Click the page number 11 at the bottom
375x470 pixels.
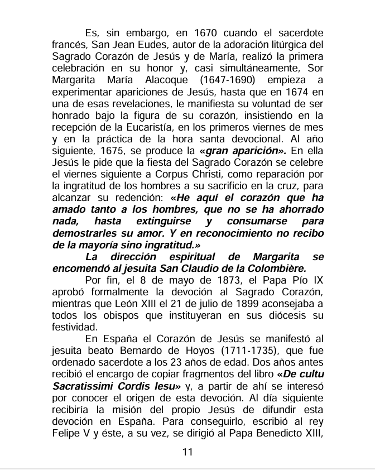[x=187, y=452]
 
